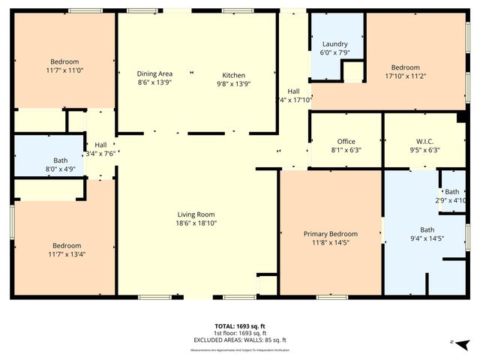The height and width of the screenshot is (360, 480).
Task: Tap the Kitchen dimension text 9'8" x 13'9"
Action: coord(233,83)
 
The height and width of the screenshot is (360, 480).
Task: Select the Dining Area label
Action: coord(154,73)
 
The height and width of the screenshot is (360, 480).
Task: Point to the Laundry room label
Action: coord(335,43)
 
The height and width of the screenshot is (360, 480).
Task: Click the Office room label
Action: coord(346,141)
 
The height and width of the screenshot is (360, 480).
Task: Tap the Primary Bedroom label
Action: coord(330,233)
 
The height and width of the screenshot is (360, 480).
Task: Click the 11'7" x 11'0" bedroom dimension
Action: coord(64,70)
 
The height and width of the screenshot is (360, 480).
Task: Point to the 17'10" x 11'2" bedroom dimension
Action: coord(405,76)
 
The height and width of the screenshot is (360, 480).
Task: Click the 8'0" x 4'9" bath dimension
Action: coord(60,169)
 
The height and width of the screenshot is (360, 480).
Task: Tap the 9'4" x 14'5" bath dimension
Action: coord(427,238)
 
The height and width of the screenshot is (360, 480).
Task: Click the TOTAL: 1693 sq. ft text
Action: coord(239,326)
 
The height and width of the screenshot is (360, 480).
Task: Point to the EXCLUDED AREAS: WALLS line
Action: coord(239,340)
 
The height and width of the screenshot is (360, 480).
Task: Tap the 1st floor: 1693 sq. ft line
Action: coord(239,333)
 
